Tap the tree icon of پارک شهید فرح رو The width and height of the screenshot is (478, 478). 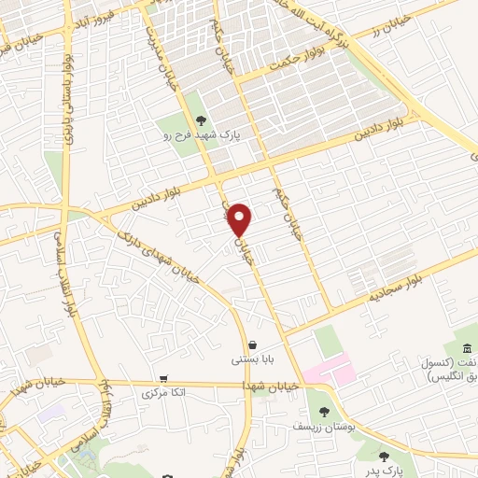pyautogui.click(x=201, y=119)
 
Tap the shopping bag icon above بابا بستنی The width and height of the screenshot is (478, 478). pyautogui.click(x=252, y=344)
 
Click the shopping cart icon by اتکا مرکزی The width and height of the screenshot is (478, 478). pyautogui.click(x=164, y=379)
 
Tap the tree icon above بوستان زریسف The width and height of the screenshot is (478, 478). pyautogui.click(x=324, y=411)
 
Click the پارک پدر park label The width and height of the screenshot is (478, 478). pyautogui.click(x=383, y=472)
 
